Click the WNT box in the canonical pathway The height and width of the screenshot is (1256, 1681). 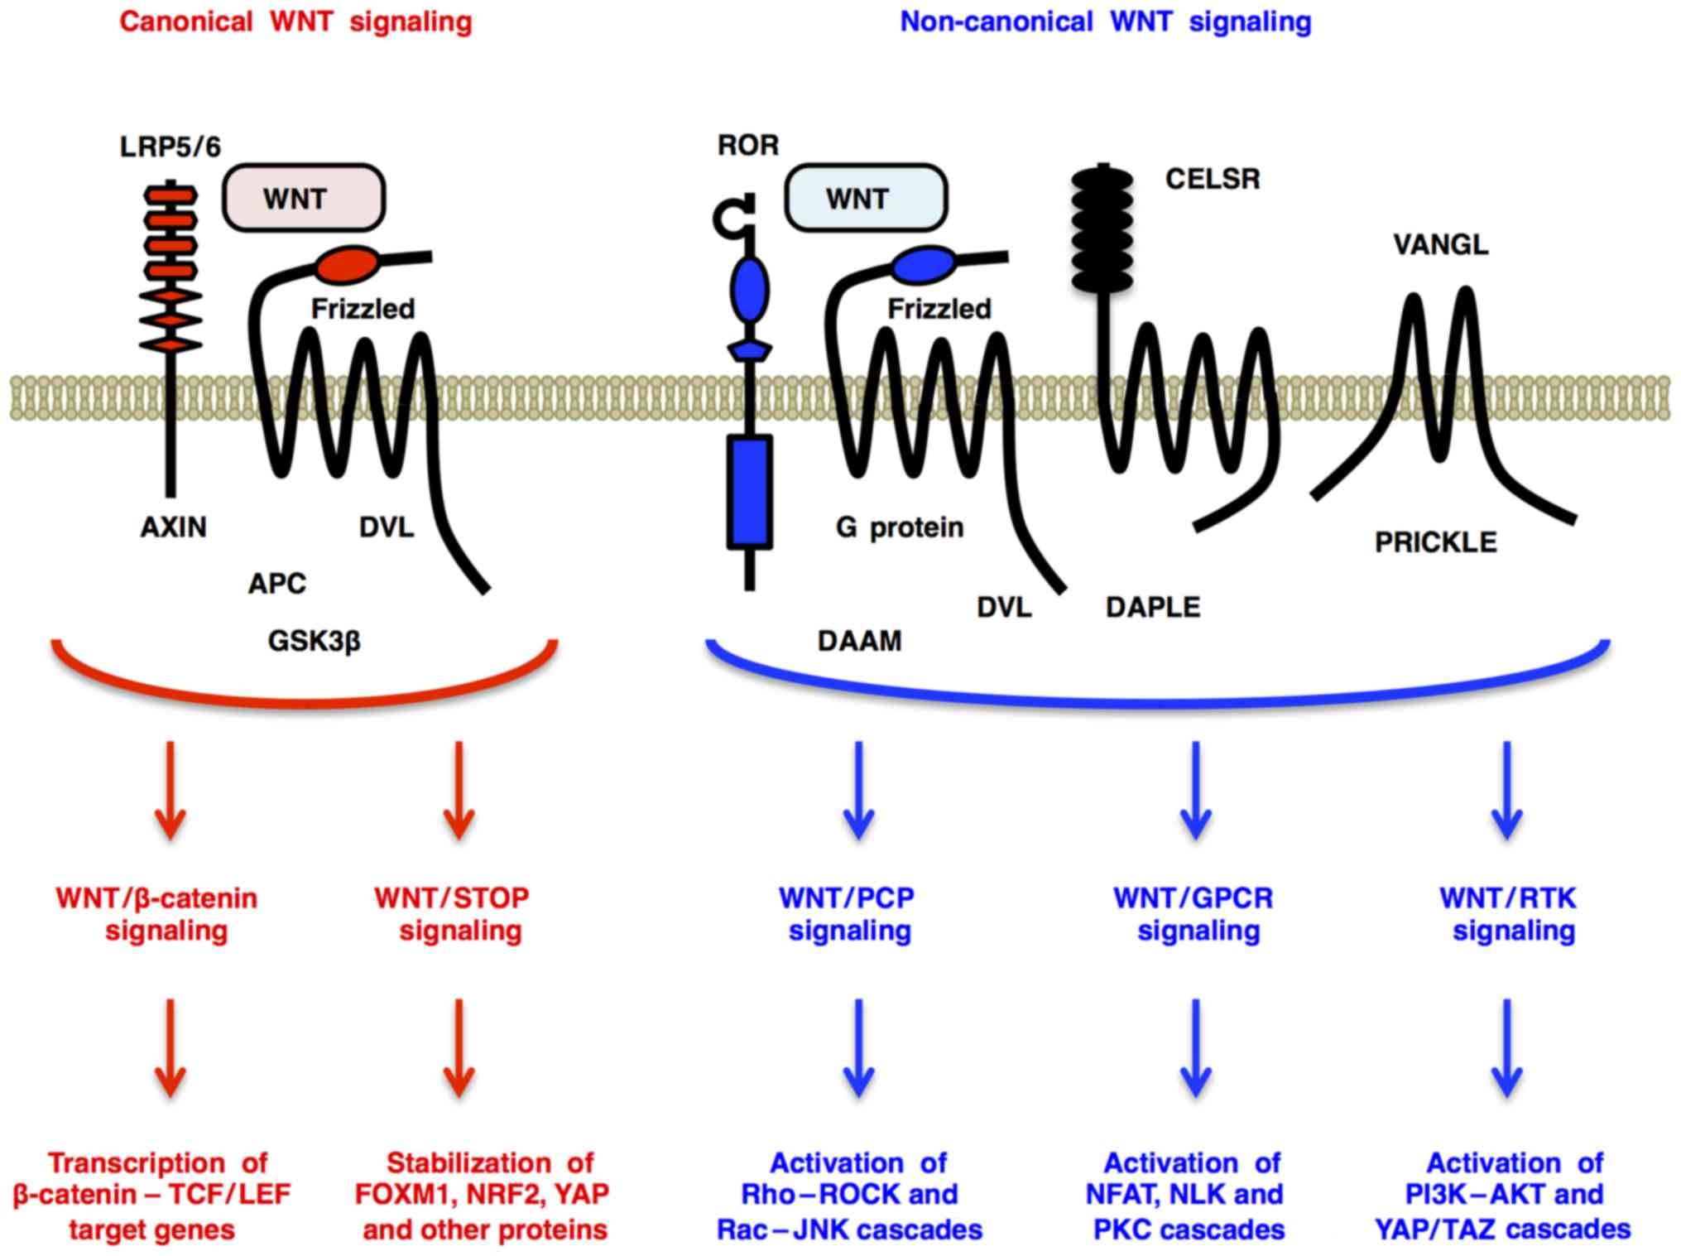[303, 198]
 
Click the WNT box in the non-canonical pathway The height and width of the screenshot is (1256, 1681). [865, 198]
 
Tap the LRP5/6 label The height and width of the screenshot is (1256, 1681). [171, 147]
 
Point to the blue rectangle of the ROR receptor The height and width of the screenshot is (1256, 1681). [749, 493]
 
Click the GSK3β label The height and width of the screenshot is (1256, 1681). [315, 641]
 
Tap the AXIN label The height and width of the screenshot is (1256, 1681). [173, 527]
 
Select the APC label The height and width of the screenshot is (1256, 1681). [276, 584]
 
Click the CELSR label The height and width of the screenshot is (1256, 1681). [1212, 179]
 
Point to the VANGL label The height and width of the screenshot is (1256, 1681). [1440, 244]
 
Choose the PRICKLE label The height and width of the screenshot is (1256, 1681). [1435, 542]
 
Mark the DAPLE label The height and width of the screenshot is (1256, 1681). [1152, 607]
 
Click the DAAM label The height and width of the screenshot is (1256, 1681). [859, 641]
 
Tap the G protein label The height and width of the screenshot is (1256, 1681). [900, 527]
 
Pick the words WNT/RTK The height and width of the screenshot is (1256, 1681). [1507, 897]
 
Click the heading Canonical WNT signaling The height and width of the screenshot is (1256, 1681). [295, 22]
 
